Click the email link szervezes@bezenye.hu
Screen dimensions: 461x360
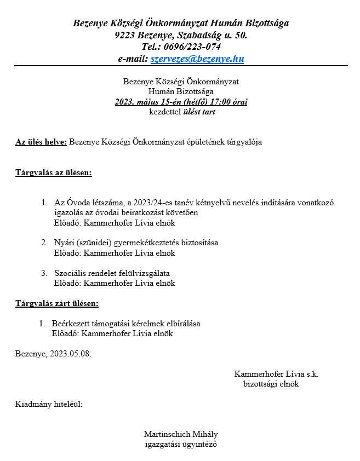197,59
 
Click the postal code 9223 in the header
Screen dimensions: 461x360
125,35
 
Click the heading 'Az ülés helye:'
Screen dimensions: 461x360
41,142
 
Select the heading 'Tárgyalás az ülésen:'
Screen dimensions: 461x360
54,173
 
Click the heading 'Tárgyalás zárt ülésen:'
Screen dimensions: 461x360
57,303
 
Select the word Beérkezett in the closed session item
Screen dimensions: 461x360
71,324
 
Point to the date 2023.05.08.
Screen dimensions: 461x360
70,353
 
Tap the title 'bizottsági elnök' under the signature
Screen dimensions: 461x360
271,384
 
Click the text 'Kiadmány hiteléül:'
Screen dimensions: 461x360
49,405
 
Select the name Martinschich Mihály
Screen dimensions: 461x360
181,434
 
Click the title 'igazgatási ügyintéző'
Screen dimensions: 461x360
181,444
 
